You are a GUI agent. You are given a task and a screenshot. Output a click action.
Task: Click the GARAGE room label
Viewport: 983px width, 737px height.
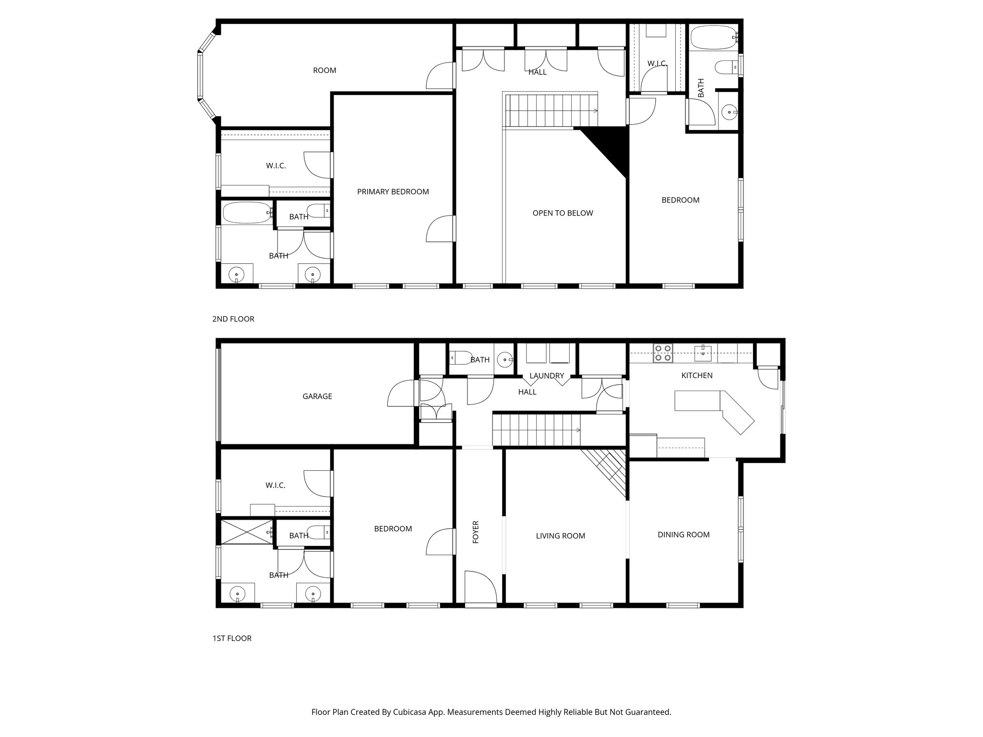(317, 396)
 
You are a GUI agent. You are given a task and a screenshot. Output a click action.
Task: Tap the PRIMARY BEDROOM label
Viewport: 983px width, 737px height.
(393, 192)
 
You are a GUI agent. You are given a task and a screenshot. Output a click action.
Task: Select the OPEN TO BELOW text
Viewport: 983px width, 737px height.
(563, 213)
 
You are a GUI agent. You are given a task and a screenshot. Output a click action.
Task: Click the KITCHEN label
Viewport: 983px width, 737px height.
(696, 376)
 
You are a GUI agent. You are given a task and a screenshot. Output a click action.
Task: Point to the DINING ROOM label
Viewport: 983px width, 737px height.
(683, 535)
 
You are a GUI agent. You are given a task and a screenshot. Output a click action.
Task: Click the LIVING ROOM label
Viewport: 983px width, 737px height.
(560, 536)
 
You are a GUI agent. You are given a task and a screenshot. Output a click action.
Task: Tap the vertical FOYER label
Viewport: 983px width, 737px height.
(476, 532)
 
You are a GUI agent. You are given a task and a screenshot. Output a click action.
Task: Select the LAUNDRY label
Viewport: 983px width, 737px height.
(546, 376)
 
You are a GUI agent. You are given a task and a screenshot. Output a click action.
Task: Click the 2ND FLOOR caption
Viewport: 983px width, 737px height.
(233, 319)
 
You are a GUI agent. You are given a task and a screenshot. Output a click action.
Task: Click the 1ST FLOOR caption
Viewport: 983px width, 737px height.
(232, 638)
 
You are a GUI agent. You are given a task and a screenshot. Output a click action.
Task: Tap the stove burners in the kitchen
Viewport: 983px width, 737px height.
(663, 353)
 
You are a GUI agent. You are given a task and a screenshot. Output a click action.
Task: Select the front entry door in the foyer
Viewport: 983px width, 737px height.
(481, 587)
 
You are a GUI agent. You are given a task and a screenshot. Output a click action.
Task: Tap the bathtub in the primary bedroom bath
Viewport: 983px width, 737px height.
(247, 213)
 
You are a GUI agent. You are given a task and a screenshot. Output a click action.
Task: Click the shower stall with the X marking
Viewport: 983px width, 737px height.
(246, 532)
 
